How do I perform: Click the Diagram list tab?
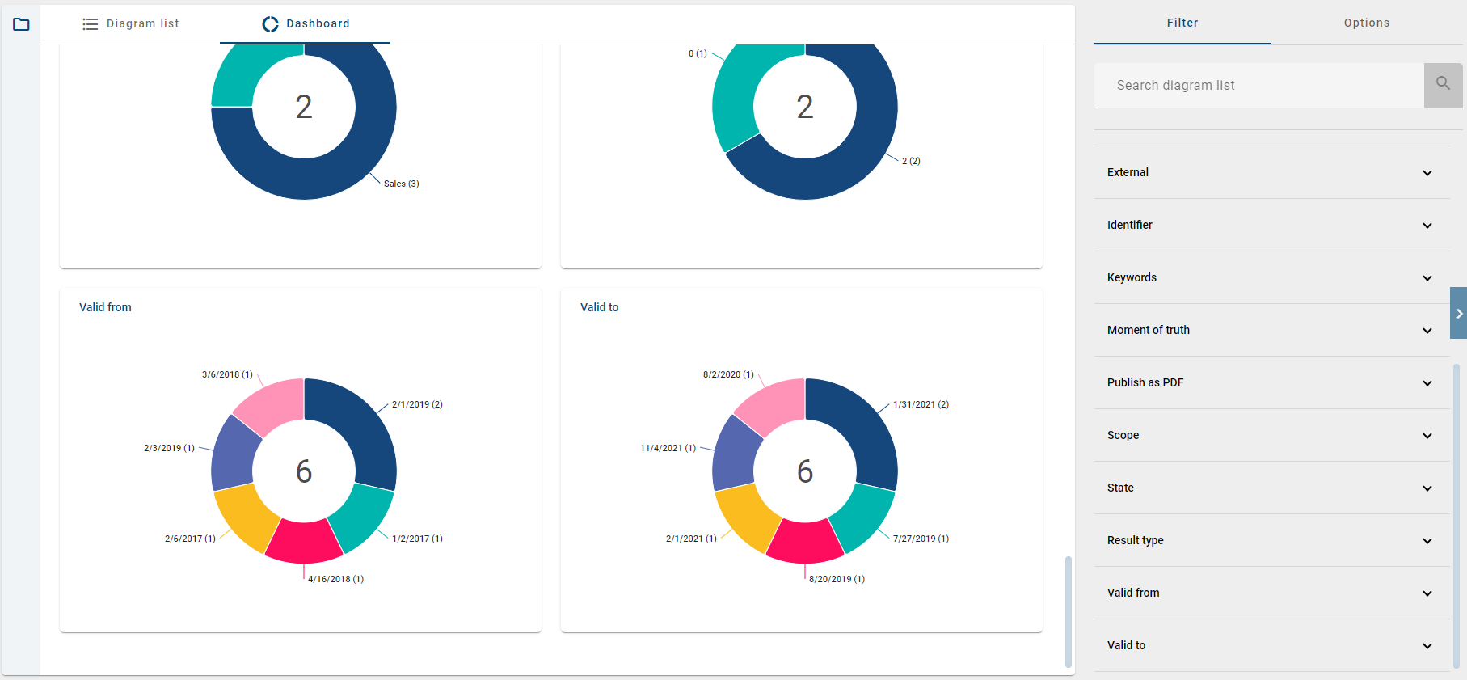131,24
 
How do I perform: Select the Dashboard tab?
306,24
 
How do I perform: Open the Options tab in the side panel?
1366,23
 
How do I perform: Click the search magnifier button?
1443,85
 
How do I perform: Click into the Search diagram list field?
1258,86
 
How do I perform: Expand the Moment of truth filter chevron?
1427,331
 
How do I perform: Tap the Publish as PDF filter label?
1145,382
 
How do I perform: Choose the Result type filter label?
1135,540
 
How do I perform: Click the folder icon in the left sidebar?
22,24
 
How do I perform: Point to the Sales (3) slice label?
401,184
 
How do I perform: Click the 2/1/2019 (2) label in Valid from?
417,404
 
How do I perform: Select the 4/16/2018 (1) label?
335,579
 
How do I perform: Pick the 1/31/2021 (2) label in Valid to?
921,404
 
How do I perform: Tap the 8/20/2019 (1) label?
837,579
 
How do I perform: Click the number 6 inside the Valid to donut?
805,471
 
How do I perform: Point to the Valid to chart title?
599,307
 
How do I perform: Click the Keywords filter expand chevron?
1427,278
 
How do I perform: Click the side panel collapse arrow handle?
1459,313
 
